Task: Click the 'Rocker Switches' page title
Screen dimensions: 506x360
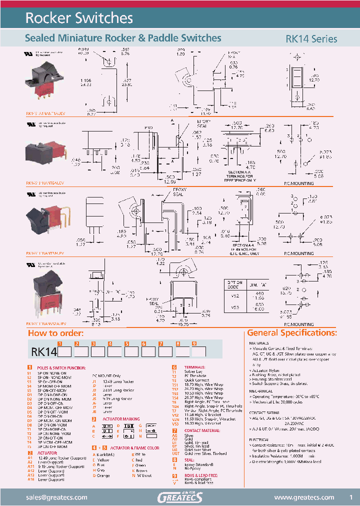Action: pos(79,18)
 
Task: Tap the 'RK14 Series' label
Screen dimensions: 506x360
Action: pos(311,38)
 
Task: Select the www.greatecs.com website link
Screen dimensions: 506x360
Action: pos(304,497)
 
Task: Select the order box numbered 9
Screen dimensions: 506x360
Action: pos(199,351)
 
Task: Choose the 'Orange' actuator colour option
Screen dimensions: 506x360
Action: pos(103,475)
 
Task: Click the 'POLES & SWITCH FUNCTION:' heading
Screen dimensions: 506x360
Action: pos(59,367)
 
